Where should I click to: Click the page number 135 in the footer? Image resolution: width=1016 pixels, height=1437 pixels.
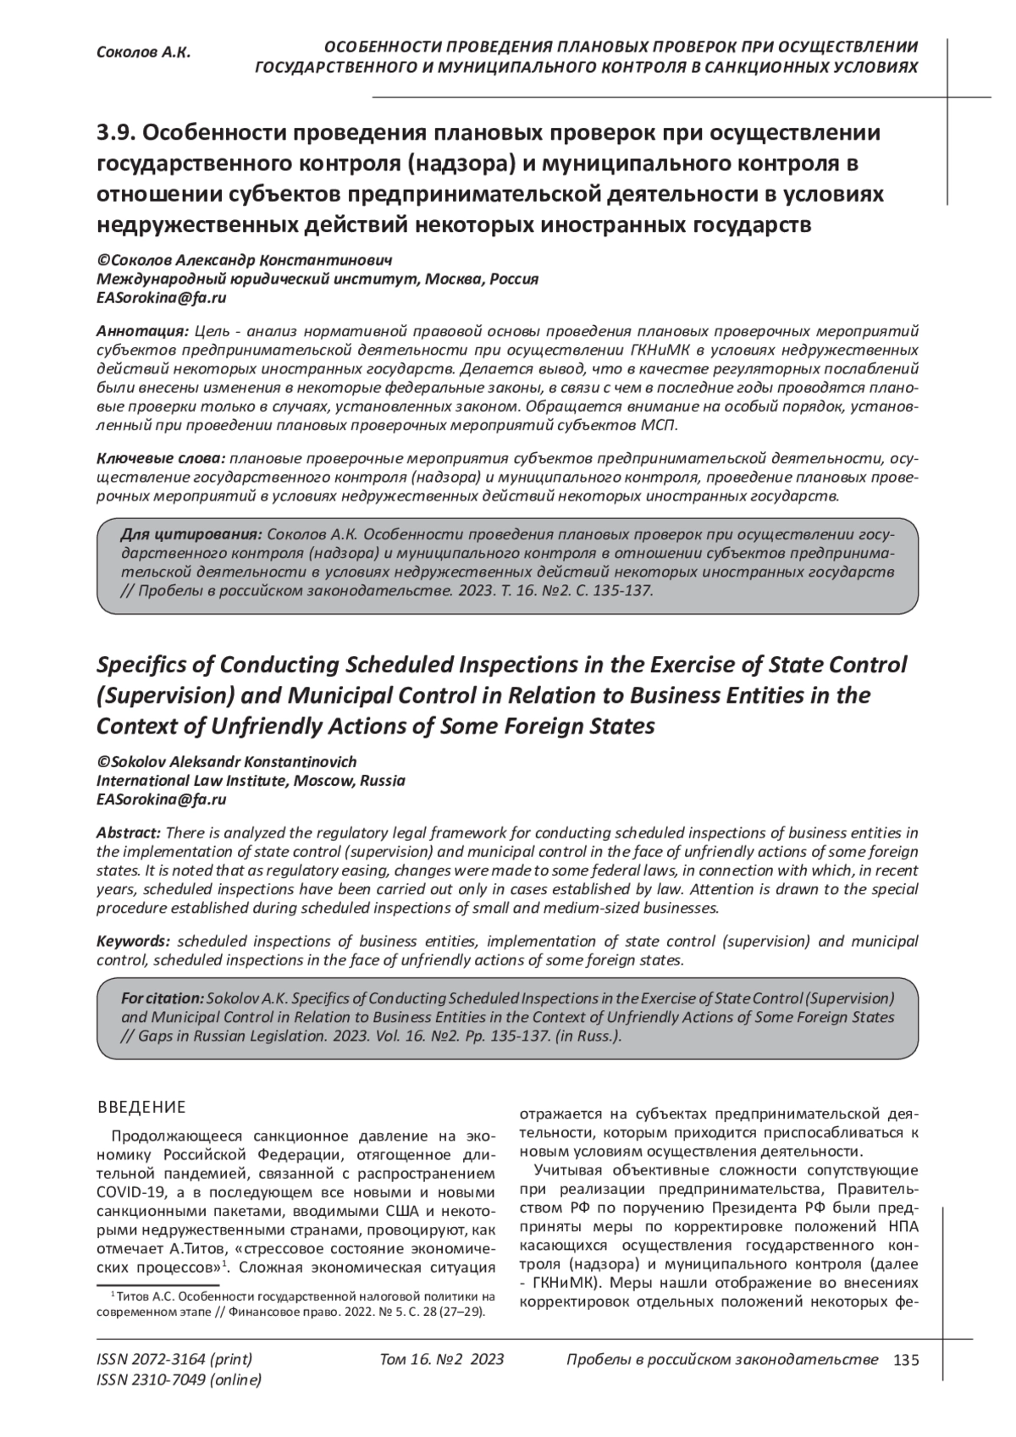pos(905,1360)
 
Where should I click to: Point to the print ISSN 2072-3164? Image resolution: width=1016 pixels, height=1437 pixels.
pos(174,1360)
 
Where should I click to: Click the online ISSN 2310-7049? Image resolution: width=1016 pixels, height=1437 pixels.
pos(179,1380)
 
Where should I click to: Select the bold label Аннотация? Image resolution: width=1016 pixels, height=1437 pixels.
pos(142,329)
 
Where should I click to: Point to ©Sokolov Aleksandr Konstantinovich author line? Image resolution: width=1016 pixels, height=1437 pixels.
pos(227,762)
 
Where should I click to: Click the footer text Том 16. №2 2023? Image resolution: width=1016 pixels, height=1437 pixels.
pos(442,1360)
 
